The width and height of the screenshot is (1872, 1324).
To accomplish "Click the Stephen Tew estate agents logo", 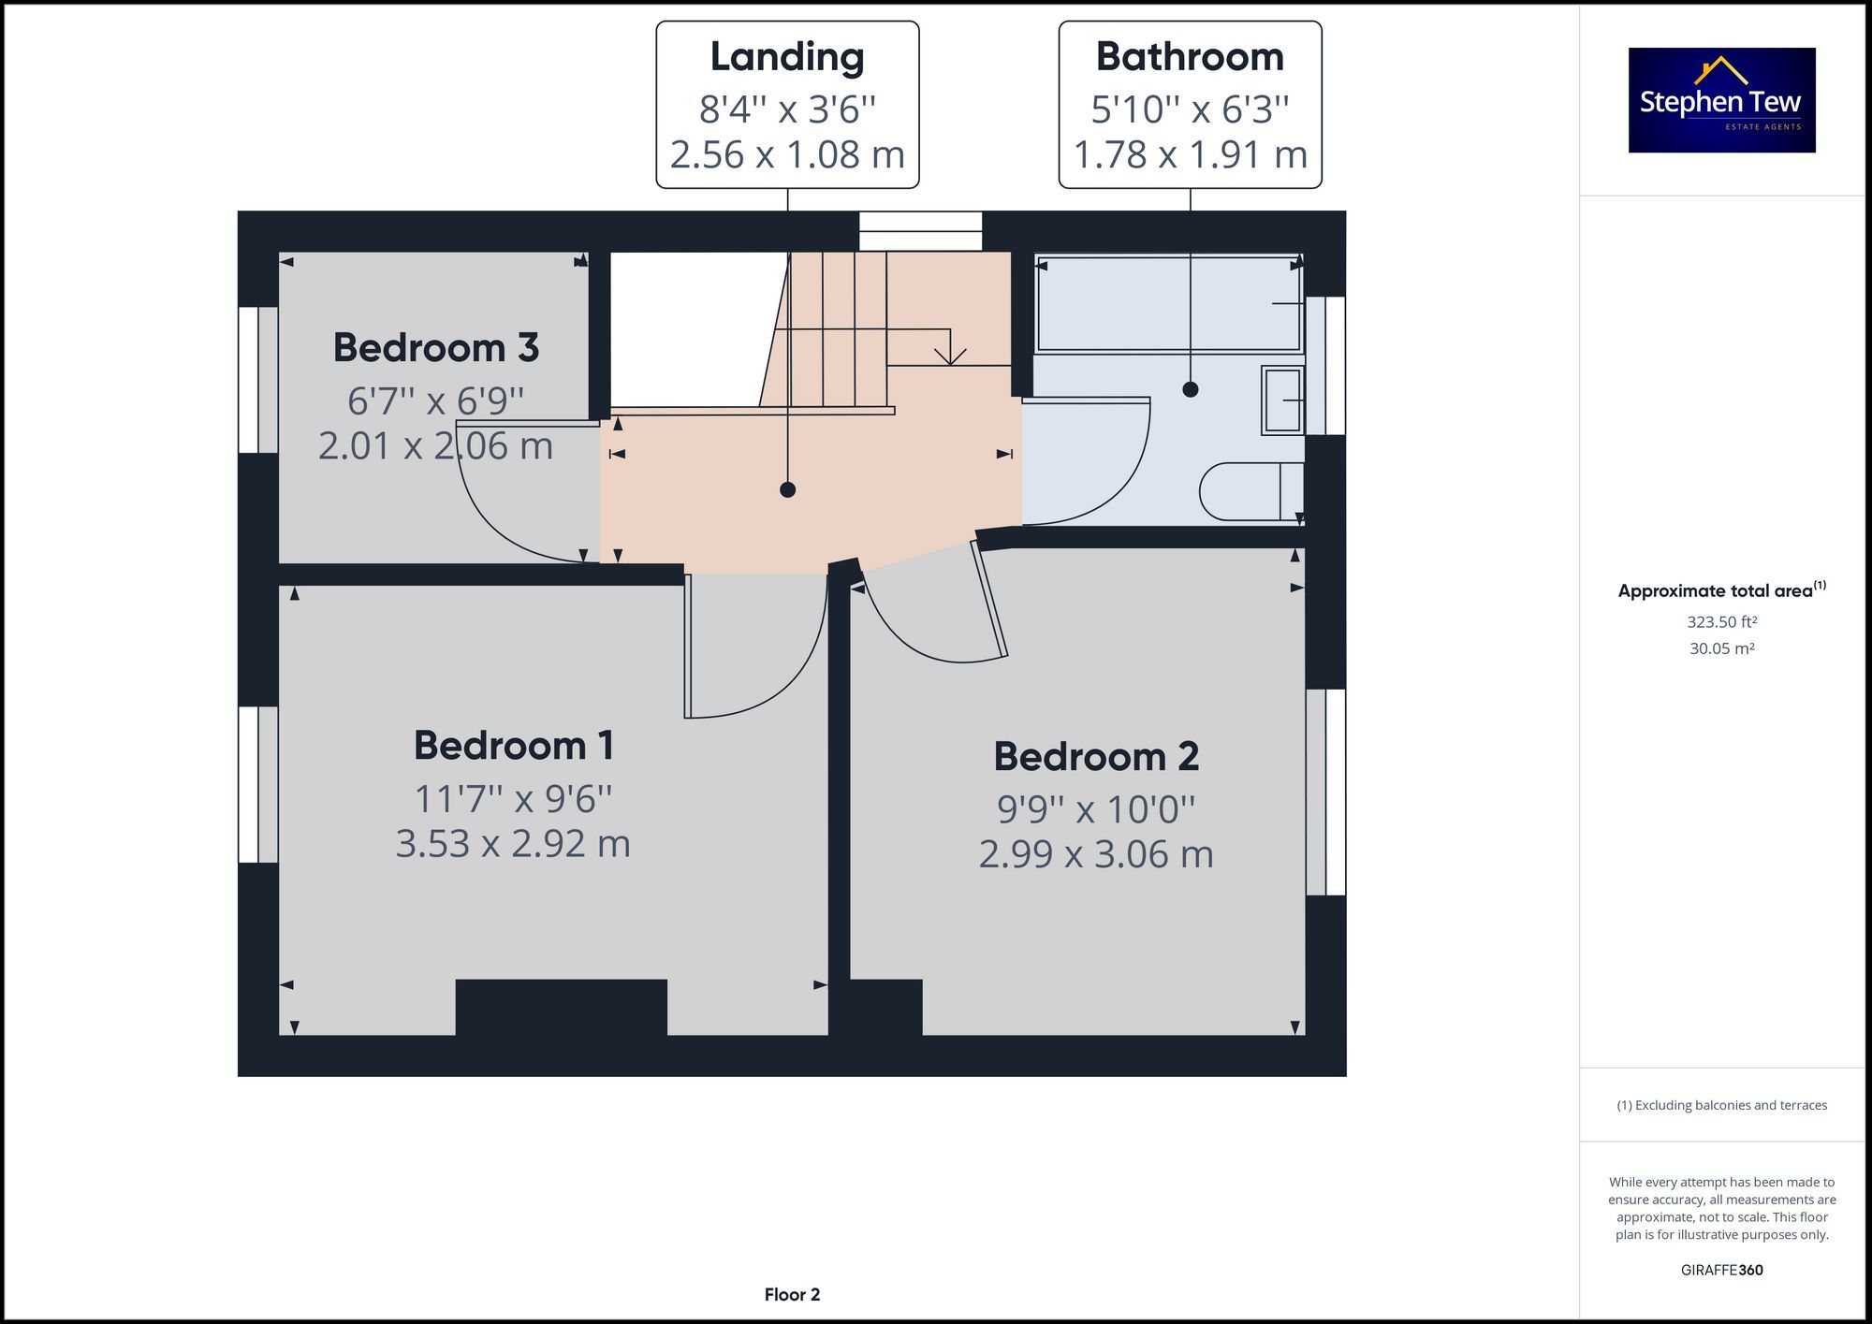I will (1721, 100).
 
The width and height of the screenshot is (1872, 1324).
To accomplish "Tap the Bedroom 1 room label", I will (513, 746).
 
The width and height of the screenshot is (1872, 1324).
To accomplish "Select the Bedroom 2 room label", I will (1096, 756).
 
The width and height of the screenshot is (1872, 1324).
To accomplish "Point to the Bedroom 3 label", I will (435, 348).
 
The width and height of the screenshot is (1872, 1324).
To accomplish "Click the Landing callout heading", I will (786, 57).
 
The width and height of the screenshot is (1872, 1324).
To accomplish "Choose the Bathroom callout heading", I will (1190, 57).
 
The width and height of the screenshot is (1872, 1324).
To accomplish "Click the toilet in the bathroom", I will (1250, 491).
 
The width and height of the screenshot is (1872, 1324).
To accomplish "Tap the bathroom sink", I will (1282, 400).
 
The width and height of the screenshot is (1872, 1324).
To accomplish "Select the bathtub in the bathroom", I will (1169, 304).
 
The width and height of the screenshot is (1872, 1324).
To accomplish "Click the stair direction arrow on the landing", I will (950, 354).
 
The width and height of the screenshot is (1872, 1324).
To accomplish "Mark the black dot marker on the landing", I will (787, 489).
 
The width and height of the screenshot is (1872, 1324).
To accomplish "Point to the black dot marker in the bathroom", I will (1190, 389).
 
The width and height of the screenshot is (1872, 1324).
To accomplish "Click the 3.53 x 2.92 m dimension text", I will (513, 844).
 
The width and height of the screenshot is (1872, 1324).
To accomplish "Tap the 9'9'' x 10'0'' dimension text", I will (1096, 809).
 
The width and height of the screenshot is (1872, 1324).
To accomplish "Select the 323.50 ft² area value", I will (1721, 622).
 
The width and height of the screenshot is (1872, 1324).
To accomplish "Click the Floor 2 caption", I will (792, 1295).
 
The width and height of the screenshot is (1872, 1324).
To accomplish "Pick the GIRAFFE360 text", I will (1721, 1270).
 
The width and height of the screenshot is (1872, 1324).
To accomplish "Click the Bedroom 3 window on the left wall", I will (257, 380).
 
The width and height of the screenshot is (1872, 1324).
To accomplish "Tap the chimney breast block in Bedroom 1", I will (561, 1007).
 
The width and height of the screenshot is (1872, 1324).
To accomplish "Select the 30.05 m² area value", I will (1721, 648).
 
